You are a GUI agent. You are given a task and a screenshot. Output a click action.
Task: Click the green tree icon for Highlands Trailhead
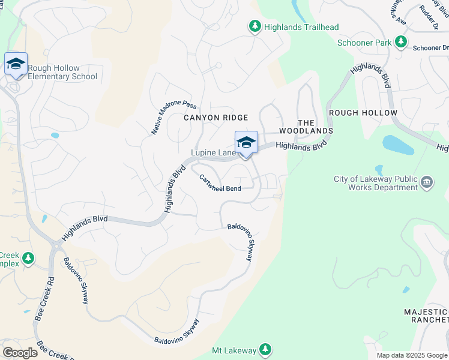(255, 27)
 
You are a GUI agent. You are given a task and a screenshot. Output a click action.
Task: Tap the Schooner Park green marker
(400, 43)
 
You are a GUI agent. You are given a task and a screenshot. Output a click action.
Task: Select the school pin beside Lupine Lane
(246, 143)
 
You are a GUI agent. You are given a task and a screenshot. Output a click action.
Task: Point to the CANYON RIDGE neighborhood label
(215, 118)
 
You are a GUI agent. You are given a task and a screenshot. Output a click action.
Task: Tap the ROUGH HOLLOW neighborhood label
(363, 113)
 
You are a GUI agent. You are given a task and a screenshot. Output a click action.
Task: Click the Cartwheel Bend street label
(220, 182)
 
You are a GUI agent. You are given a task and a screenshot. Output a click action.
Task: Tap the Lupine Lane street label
(213, 153)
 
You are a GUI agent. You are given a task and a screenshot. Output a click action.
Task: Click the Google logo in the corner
(20, 353)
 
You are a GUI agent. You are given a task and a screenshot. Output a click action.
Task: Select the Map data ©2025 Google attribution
(411, 355)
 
